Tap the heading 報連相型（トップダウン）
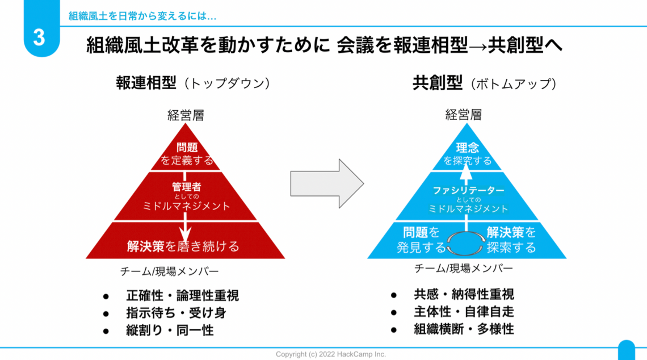[193, 83]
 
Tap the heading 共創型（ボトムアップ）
[484, 83]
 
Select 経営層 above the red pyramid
[186, 115]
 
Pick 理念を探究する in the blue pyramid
[467, 154]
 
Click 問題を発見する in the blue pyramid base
[421, 240]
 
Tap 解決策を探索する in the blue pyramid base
[511, 240]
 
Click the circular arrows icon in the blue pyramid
[467, 243]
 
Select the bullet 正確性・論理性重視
[182, 295]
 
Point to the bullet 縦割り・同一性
[169, 330]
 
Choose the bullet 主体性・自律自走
[464, 312]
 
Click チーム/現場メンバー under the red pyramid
[169, 271]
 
